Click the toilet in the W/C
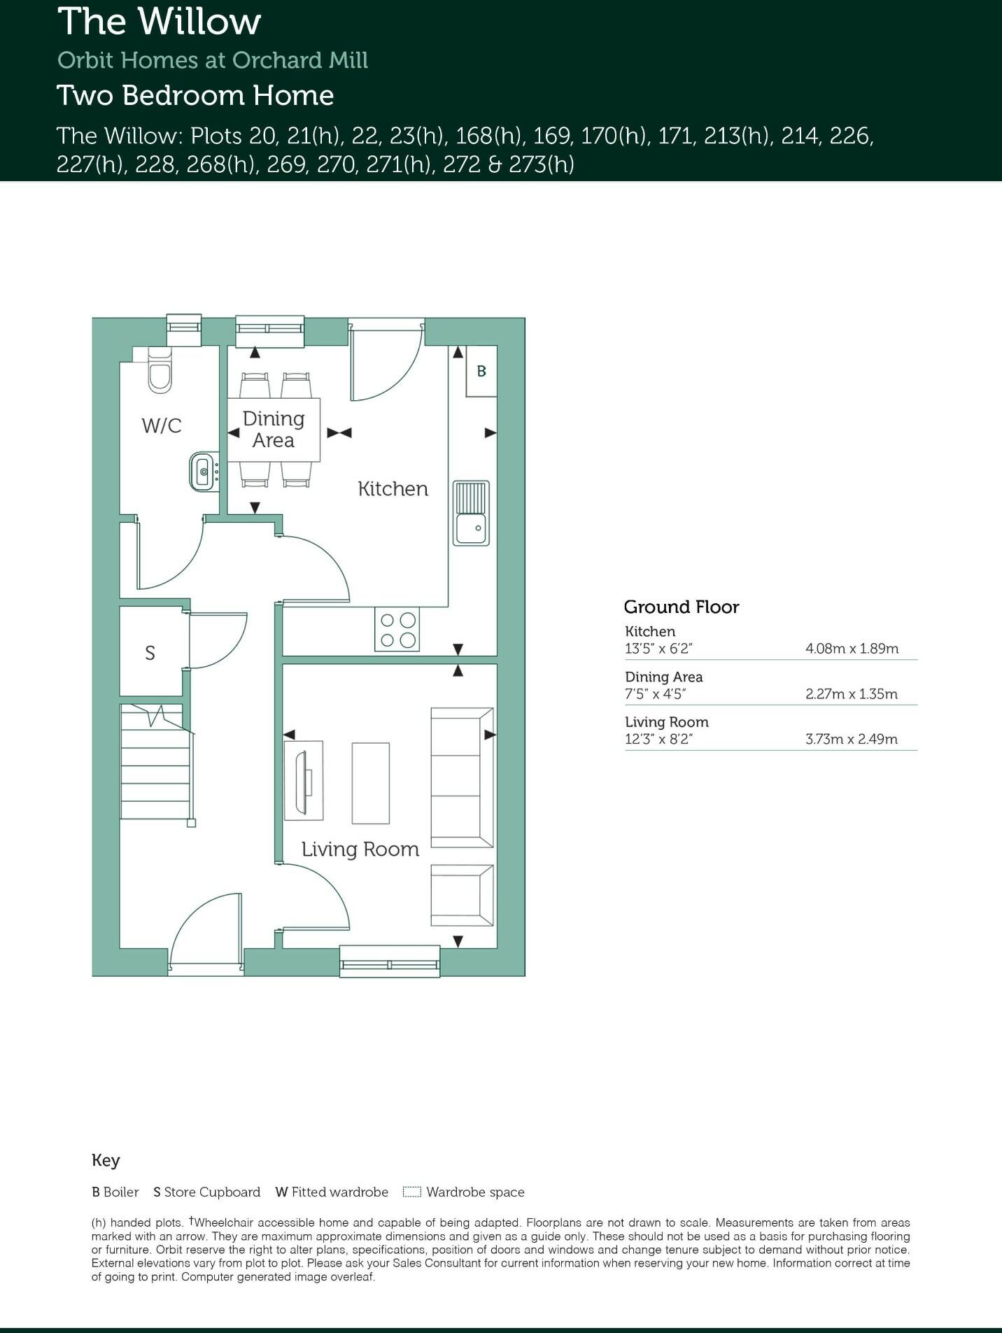[x=160, y=374]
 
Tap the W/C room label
[x=162, y=425]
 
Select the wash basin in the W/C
[x=204, y=472]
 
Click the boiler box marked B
[x=481, y=372]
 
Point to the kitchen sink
[x=471, y=513]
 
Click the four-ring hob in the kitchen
[x=397, y=630]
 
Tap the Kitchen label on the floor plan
[x=393, y=488]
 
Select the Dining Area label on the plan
[x=274, y=430]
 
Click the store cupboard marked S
[x=150, y=653]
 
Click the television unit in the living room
[x=304, y=780]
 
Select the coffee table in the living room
[x=370, y=783]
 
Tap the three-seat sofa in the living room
[x=462, y=777]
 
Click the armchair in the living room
[x=462, y=895]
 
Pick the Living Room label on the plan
[x=360, y=849]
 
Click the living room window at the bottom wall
[x=390, y=961]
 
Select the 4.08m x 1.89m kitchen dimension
[x=852, y=649]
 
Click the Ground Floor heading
[x=681, y=607]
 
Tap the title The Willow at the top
[x=160, y=22]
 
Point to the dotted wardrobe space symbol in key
[x=412, y=1192]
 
